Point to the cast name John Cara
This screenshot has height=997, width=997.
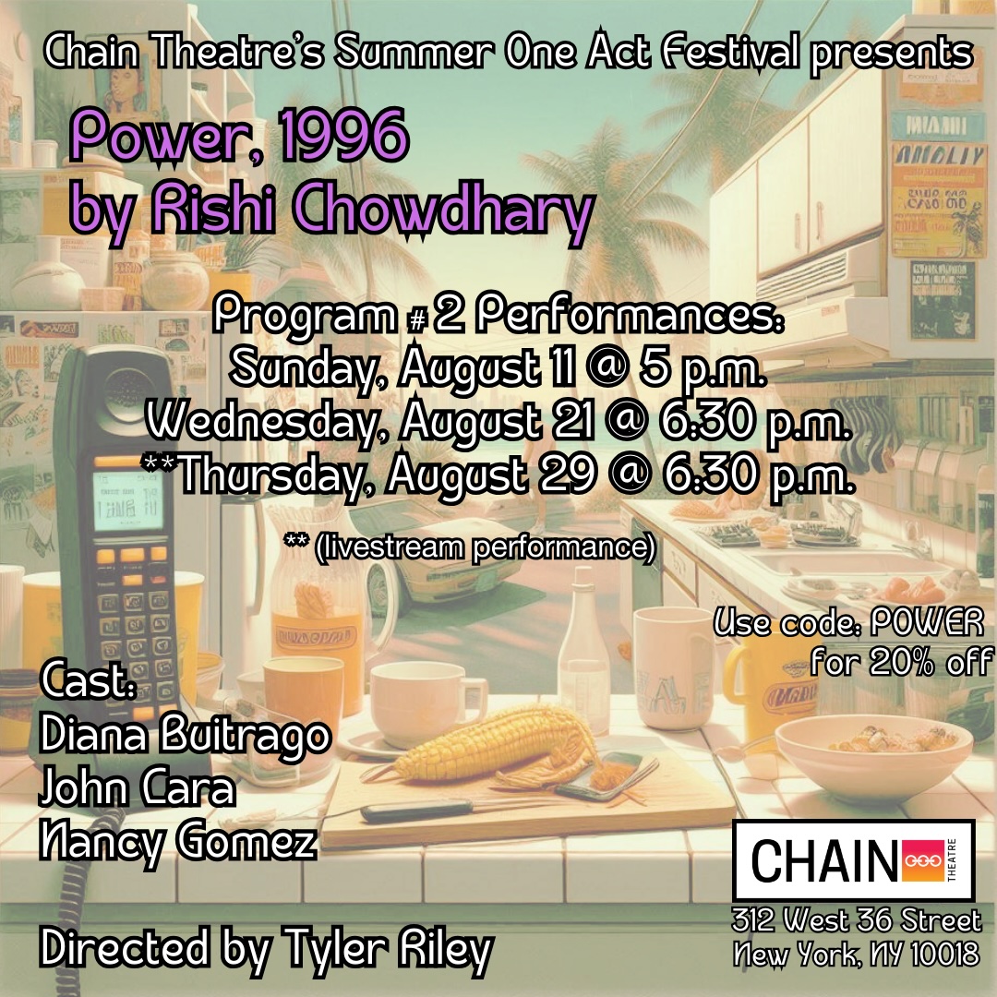click(137, 790)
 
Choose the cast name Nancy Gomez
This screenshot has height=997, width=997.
click(178, 843)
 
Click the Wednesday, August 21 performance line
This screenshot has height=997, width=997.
click(498, 422)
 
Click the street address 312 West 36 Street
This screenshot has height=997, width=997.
click(856, 920)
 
